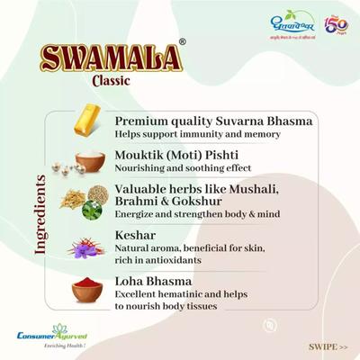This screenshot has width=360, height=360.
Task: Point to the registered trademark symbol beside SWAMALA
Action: tap(183, 42)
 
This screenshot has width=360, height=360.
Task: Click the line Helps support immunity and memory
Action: tap(198, 134)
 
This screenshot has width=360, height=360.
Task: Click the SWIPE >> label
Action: tap(328, 346)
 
